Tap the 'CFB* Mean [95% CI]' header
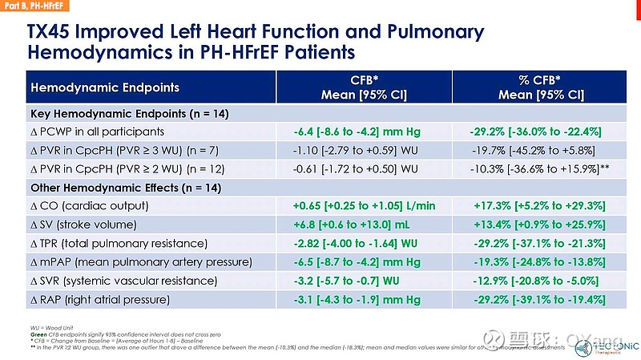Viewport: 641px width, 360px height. click(x=365, y=87)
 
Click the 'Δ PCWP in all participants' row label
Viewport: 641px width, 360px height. click(x=97, y=131)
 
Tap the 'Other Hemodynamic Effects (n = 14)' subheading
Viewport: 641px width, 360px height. click(x=125, y=188)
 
